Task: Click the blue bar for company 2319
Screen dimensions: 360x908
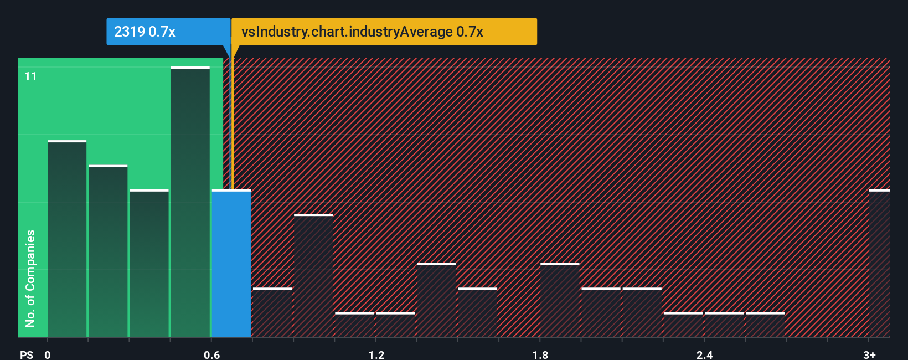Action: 231,263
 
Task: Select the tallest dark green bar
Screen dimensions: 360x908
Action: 190,202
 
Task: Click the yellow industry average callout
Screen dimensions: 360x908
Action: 384,32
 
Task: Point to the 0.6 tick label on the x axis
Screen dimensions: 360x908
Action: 211,354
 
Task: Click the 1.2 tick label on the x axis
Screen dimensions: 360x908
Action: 376,354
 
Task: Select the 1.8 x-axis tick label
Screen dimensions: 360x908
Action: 540,354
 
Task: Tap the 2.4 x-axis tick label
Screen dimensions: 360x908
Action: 704,354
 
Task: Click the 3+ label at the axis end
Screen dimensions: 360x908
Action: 869,354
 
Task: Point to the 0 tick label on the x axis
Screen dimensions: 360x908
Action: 48,354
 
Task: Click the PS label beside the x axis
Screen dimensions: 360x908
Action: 27,354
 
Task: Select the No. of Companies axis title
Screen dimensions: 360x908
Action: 30,278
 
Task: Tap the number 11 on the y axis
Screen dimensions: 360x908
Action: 31,76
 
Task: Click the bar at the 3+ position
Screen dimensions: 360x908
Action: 879,263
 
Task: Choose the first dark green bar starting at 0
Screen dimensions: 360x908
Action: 67,239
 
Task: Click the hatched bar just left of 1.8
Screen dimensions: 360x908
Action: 477,312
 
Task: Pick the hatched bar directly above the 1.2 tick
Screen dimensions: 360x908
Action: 395,325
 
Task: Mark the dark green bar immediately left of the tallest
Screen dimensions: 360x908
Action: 149,263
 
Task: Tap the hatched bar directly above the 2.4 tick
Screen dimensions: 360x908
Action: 724,325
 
